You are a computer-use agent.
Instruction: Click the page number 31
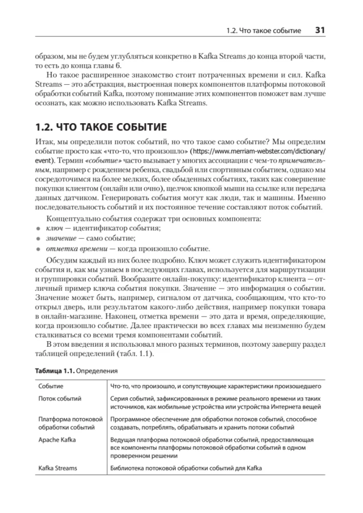[x=320, y=30]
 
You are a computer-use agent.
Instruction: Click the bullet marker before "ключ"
[x=37, y=228]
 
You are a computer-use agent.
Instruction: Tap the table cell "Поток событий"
[x=60, y=399]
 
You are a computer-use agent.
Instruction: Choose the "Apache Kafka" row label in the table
[x=58, y=440]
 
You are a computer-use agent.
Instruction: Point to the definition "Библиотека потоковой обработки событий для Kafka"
[x=186, y=468]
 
